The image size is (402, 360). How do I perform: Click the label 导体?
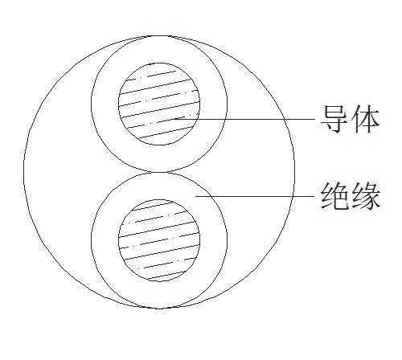[351, 119]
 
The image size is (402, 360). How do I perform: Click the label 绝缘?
[351, 196]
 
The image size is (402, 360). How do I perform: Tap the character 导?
[335, 119]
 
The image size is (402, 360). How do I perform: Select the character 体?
[366, 119]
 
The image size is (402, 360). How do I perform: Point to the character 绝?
[335, 196]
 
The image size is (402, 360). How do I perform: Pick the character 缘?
[366, 196]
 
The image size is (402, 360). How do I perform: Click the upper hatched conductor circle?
[159, 104]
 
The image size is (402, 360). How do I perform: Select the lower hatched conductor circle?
[159, 240]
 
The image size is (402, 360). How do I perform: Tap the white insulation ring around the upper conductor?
[105, 104]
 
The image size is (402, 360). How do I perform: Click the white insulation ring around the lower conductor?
[105, 240]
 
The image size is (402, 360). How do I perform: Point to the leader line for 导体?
[244, 119]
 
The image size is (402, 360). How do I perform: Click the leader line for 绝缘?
[255, 196]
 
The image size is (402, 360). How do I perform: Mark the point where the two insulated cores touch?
[159, 172]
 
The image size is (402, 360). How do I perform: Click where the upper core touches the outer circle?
[159, 36]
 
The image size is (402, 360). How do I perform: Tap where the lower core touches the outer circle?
[159, 309]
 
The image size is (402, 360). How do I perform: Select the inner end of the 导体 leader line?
[174, 119]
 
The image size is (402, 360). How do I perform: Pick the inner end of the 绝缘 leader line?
[195, 196]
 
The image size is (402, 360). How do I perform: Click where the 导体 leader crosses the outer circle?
[285, 119]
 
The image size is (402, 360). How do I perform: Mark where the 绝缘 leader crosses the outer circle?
[293, 196]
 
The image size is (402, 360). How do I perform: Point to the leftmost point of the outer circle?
[23, 172]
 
